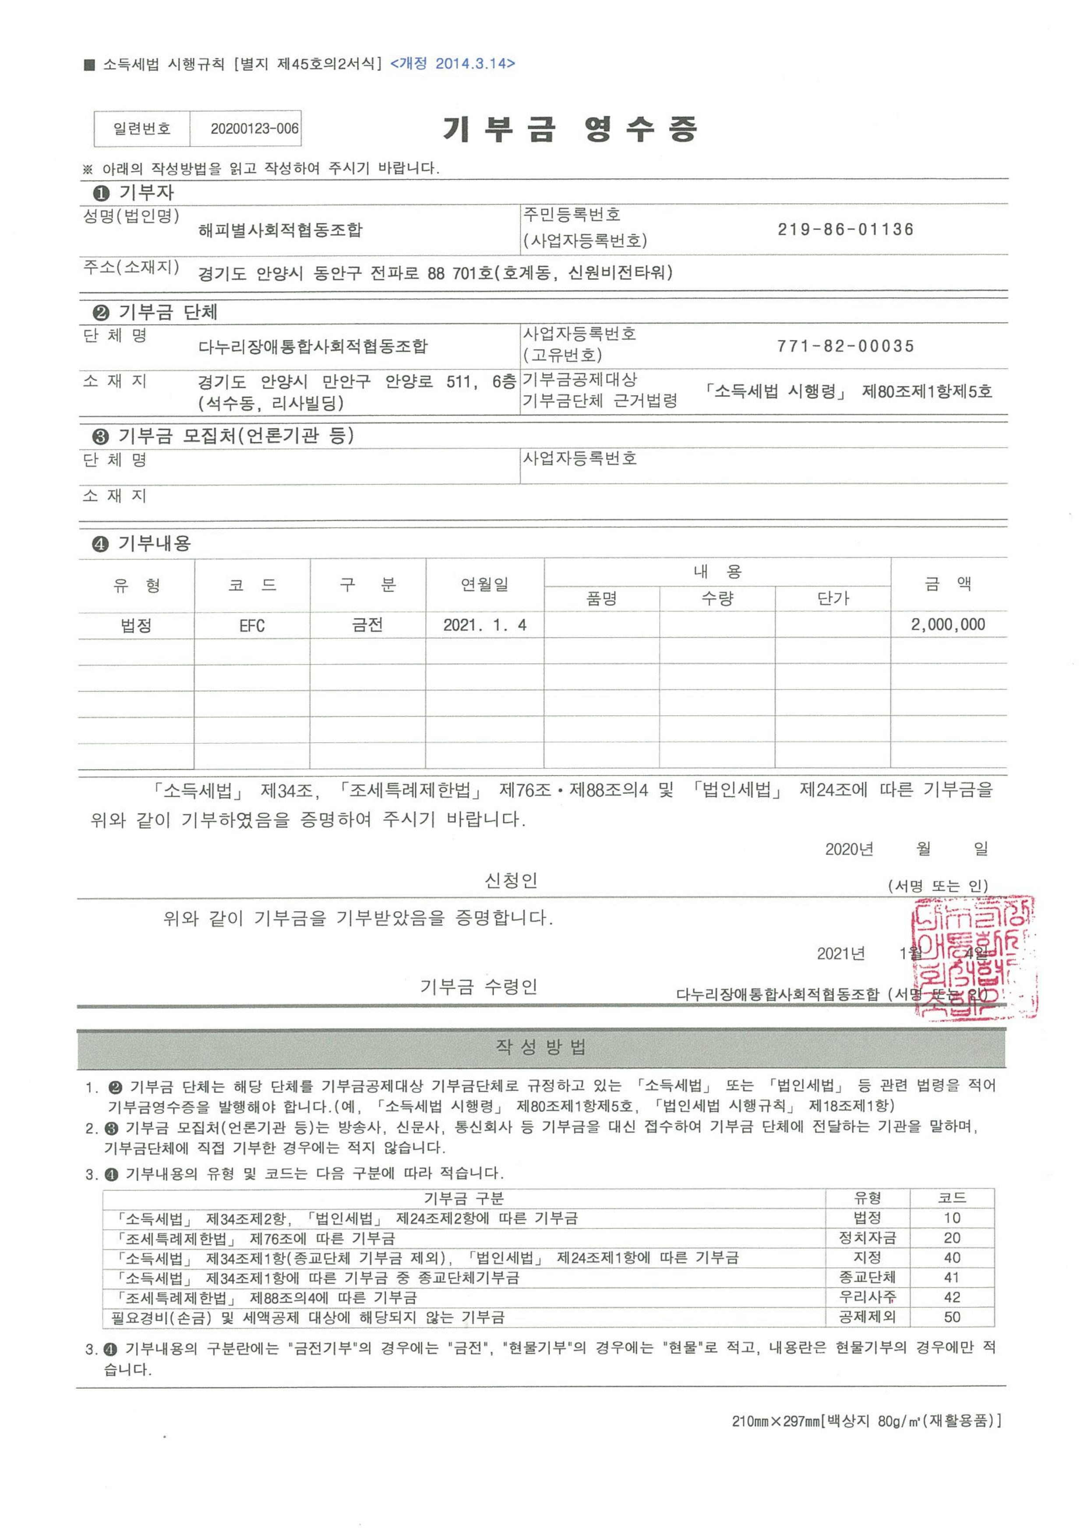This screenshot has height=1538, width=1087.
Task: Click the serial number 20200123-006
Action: [x=254, y=129]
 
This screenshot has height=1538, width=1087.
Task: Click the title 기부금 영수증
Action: [x=570, y=129]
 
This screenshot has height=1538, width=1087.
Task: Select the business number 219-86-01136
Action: [x=845, y=230]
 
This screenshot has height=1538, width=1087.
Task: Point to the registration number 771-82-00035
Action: [x=845, y=346]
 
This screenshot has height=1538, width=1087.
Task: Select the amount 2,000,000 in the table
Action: [x=948, y=625]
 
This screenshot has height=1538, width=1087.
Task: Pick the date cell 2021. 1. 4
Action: [x=484, y=626]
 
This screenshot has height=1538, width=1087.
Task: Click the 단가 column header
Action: [x=833, y=598]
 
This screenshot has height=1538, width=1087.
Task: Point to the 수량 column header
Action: [x=717, y=598]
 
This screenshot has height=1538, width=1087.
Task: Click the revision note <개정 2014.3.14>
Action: [x=453, y=64]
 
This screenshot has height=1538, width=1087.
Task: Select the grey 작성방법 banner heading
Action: [x=541, y=1047]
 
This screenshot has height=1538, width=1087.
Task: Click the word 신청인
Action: [x=511, y=880]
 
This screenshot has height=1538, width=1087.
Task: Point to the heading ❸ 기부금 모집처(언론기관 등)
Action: [x=222, y=436]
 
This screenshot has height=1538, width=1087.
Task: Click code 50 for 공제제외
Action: [x=952, y=1317]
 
